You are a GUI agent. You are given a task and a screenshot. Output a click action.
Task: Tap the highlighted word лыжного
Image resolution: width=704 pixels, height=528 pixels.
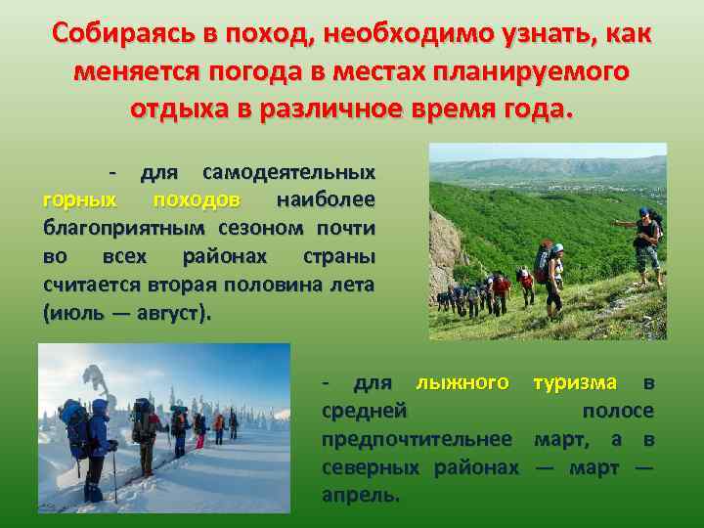coord(462,382)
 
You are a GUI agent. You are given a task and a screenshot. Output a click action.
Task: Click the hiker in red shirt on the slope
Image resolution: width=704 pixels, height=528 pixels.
coord(501,289)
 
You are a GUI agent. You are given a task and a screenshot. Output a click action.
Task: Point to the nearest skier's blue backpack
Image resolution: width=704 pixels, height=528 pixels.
coord(75,428)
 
